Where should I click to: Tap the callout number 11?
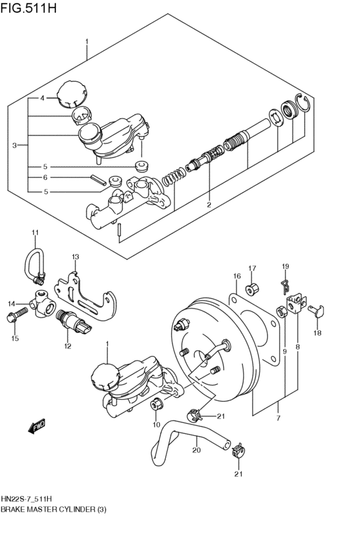click(35, 233)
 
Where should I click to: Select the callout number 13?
click(75, 257)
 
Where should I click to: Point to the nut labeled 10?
click(156, 404)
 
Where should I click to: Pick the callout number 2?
click(209, 205)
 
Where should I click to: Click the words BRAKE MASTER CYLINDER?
click(44, 509)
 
